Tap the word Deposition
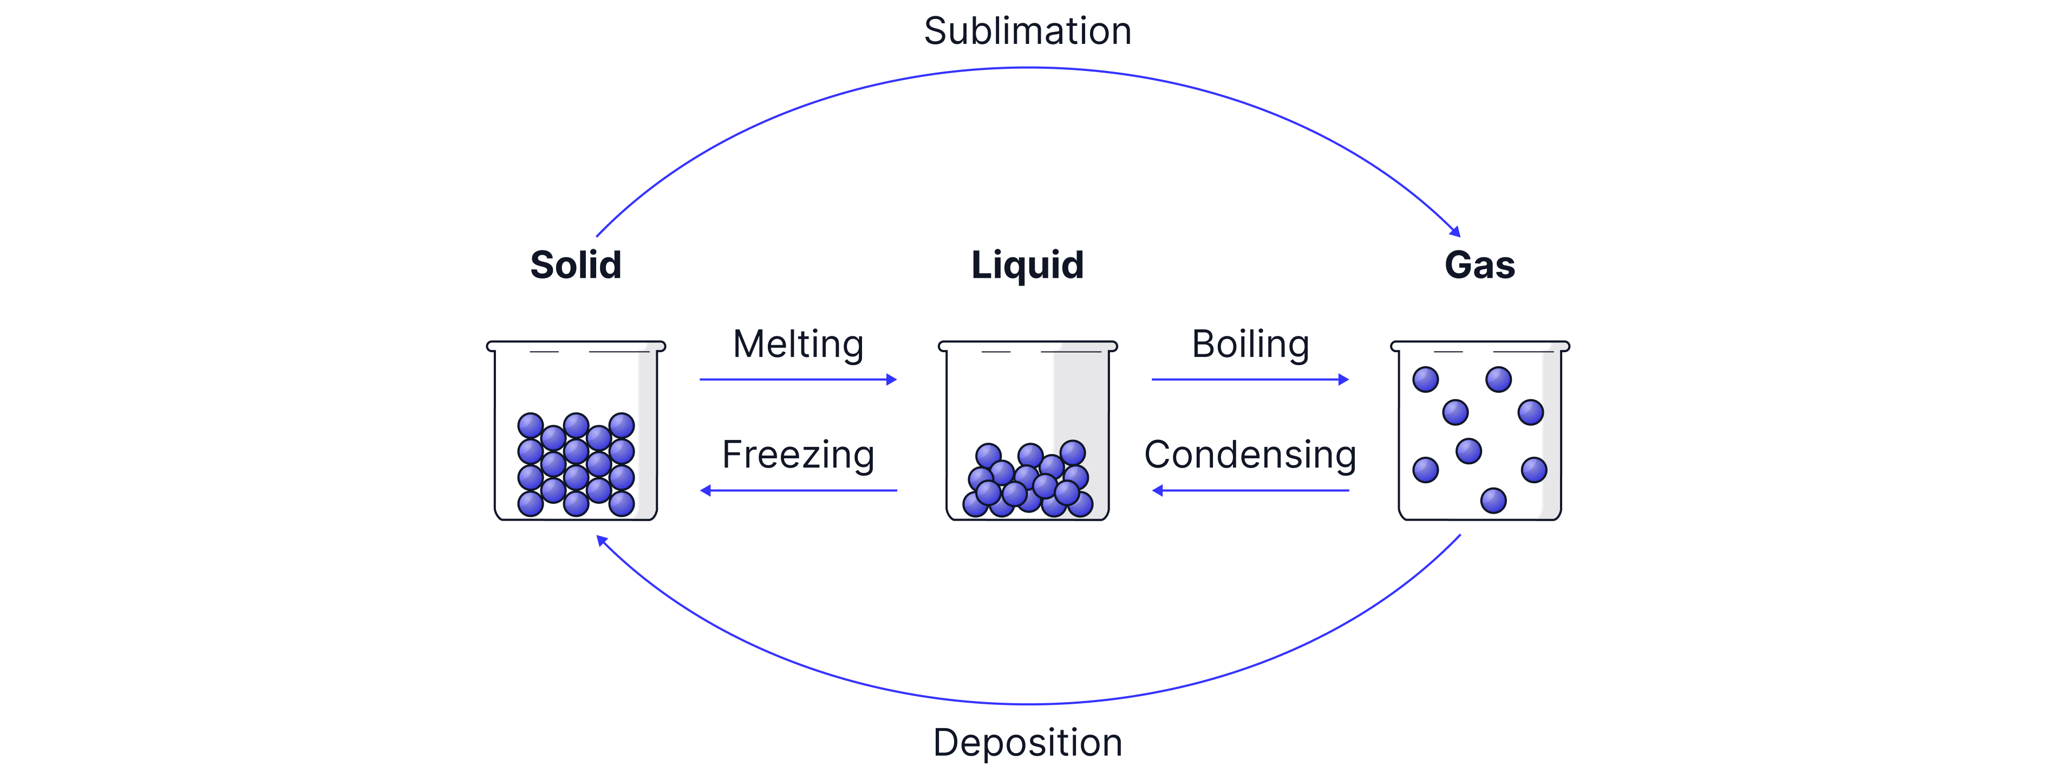pyautogui.click(x=1027, y=742)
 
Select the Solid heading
pyautogui.click(x=576, y=265)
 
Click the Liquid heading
pyautogui.click(x=1027, y=265)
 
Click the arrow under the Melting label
pyautogui.click(x=798, y=379)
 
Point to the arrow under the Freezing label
pyautogui.click(x=798, y=490)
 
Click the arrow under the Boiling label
pyautogui.click(x=1250, y=379)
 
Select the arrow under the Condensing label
pyautogui.click(x=1250, y=490)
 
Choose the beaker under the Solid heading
pyautogui.click(x=576, y=431)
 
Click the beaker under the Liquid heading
pyautogui.click(x=1027, y=431)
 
